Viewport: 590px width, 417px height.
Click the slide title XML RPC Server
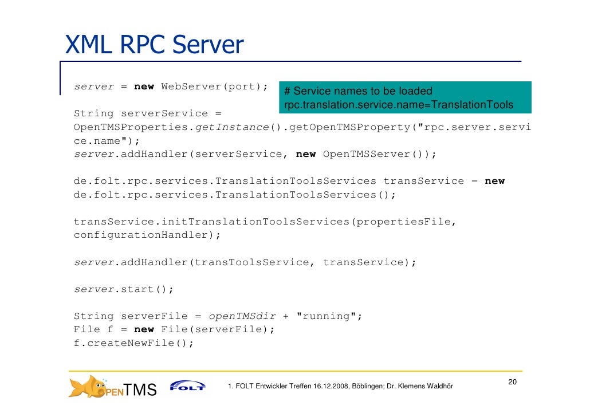click(x=154, y=45)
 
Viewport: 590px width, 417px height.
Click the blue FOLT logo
click(x=187, y=386)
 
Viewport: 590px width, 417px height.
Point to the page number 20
click(x=513, y=383)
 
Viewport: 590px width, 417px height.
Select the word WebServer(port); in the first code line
click(x=214, y=86)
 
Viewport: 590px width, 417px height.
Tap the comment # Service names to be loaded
click(x=358, y=91)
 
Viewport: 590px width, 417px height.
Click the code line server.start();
click(x=123, y=289)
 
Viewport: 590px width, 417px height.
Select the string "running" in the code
click(x=329, y=316)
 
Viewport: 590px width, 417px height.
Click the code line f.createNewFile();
click(x=133, y=344)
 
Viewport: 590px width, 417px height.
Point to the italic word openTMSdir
click(x=242, y=316)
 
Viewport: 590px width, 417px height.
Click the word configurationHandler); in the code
click(x=147, y=235)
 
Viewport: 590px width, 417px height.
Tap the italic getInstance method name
click(x=232, y=127)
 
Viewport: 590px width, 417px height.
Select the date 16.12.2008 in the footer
click(x=331, y=386)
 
